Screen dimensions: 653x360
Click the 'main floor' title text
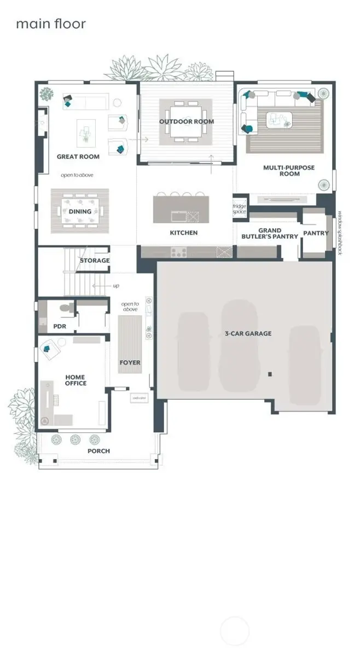(51, 24)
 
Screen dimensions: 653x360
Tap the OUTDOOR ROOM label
(187, 122)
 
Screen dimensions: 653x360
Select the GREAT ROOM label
(78, 157)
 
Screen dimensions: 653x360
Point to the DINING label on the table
(80, 212)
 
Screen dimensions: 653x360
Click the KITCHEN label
(184, 233)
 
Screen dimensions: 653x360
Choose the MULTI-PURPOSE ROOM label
(289, 171)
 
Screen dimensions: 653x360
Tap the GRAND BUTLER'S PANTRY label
(270, 234)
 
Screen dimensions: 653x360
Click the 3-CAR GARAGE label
(248, 333)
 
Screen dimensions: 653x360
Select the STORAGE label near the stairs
(95, 261)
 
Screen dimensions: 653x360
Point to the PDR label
(60, 326)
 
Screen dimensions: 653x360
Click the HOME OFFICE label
(76, 380)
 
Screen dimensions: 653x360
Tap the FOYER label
(130, 362)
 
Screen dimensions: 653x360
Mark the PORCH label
(99, 451)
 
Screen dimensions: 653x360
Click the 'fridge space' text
(240, 209)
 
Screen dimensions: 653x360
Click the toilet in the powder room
(66, 309)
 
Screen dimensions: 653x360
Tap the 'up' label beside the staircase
(115, 286)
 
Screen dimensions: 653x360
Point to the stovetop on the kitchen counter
(179, 252)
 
